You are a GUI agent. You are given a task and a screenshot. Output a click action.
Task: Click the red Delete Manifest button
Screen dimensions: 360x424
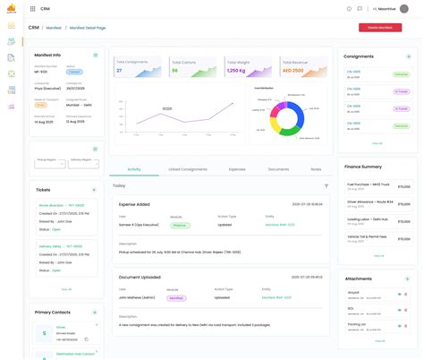pos(379,28)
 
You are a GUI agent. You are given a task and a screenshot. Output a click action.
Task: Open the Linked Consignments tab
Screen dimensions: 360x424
pos(188,168)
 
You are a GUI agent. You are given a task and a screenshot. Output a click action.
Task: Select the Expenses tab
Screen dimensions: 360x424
pos(237,168)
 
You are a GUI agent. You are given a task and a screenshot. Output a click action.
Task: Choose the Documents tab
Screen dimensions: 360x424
pos(278,168)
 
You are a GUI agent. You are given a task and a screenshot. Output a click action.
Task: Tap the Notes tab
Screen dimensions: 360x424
pos(316,168)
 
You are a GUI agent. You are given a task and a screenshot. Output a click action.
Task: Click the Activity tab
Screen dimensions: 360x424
pos(134,168)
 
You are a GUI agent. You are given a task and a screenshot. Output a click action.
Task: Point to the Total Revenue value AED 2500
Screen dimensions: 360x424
pos(293,70)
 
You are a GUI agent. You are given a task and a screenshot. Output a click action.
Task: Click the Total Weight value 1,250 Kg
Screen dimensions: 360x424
pos(236,70)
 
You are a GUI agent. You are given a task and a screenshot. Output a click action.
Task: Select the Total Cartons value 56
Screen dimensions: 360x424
pos(175,70)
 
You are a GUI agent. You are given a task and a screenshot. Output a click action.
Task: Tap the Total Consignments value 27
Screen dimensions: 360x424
pos(120,70)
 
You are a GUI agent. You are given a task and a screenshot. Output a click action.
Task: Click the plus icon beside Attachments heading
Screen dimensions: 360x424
pos(409,279)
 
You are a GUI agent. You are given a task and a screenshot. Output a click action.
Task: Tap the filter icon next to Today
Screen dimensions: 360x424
pos(326,185)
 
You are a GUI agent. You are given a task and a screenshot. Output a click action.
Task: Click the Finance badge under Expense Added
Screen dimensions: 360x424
pos(179,226)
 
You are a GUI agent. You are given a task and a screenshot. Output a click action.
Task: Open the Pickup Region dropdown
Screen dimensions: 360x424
pos(52,164)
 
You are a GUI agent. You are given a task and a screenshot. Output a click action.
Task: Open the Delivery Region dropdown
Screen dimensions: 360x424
pos(81,164)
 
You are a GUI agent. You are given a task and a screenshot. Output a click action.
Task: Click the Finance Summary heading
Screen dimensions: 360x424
pos(364,167)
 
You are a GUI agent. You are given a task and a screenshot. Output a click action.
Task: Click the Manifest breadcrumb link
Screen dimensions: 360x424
pos(66,28)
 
